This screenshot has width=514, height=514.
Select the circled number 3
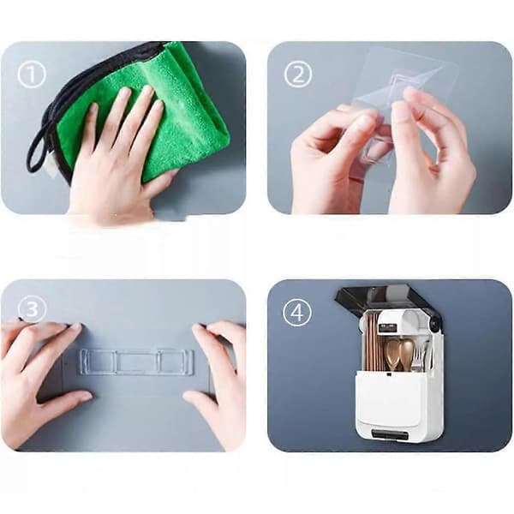click(33, 308)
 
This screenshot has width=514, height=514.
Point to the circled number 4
click(297, 312)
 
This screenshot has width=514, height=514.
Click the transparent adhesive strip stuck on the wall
click(135, 362)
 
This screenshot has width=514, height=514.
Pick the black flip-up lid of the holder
click(388, 298)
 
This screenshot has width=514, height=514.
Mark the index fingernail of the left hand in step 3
click(76, 327)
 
